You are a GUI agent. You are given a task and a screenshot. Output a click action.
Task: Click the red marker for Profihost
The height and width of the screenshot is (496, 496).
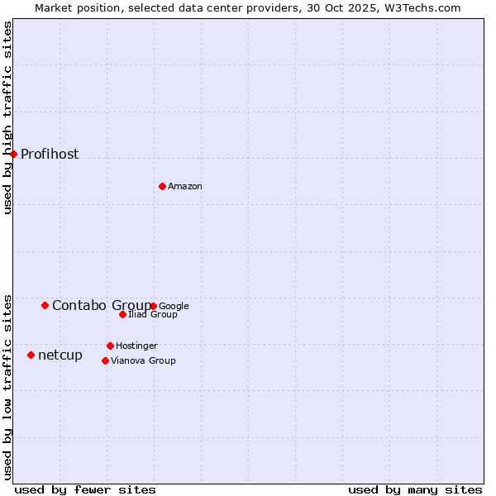[13, 154]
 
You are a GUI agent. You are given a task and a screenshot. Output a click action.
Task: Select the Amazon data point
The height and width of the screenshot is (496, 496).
[162, 186]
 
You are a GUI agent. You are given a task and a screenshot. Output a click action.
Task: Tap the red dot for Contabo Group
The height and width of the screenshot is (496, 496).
[45, 305]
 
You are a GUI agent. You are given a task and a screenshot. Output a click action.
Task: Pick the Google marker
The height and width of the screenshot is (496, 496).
[153, 306]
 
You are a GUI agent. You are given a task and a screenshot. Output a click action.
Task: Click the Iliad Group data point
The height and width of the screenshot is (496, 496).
[122, 314]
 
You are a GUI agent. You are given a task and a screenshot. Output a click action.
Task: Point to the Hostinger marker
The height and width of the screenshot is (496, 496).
[110, 346]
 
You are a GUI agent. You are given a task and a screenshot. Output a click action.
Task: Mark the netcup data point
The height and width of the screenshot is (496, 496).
[31, 355]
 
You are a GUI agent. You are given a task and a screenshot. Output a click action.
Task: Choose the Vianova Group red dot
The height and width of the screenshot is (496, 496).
[105, 360]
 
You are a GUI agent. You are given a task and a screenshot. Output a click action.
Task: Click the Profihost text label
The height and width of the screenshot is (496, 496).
[50, 154]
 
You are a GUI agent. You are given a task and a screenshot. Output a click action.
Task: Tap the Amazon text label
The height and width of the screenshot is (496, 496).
[185, 187]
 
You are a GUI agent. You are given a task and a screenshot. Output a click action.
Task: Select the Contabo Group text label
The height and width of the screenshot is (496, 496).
[101, 306]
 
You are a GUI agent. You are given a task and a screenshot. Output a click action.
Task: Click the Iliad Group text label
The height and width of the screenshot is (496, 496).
[153, 315]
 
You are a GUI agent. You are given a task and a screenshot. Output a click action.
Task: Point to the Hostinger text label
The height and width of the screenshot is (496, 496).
[136, 346]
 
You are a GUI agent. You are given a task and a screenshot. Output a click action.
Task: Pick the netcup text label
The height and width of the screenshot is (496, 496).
[60, 355]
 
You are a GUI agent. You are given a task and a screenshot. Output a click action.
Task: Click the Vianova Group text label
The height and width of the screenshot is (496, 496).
[143, 361]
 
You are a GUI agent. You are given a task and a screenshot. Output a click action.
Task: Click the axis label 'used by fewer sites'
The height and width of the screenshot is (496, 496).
[85, 489]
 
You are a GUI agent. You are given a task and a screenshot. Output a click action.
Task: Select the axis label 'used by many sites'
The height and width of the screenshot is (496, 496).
[415, 489]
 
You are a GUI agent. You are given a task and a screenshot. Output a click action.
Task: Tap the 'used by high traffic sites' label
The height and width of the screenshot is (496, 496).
[8, 117]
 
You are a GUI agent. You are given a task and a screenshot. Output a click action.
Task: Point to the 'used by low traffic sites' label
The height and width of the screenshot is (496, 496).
[8, 386]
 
